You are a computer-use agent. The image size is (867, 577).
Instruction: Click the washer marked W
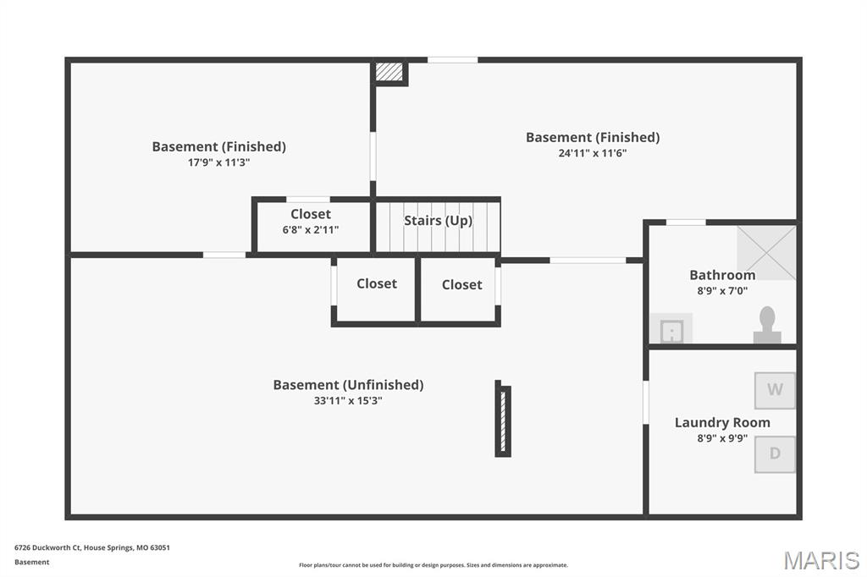tap(775, 390)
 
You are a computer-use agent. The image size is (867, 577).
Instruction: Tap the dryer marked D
tap(775, 454)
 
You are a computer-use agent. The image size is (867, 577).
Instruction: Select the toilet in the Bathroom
tap(767, 325)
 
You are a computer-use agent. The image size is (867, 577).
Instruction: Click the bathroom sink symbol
tap(671, 329)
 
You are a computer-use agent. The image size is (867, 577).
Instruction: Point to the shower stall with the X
tap(766, 253)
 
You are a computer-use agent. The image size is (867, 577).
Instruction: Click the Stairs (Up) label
tap(438, 221)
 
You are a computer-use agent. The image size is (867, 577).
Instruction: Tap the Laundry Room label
tap(722, 422)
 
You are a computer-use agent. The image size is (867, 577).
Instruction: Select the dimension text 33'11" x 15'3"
tap(348, 401)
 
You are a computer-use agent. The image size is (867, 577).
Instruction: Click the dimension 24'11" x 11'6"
tap(592, 153)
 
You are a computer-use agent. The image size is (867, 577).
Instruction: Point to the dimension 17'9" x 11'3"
tap(219, 162)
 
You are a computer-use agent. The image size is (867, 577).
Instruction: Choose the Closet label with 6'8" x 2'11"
tap(311, 214)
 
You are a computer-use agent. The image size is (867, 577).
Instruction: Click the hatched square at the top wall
tap(389, 72)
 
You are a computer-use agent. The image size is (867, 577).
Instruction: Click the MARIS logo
tap(821, 560)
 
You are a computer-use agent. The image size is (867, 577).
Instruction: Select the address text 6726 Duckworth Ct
tap(47, 547)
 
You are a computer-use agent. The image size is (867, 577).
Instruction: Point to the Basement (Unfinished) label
tap(348, 385)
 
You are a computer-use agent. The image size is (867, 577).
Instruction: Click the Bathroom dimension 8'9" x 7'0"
tap(722, 291)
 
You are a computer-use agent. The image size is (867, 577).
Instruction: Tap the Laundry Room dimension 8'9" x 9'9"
tap(722, 438)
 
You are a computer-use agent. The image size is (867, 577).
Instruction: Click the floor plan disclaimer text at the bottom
tap(433, 565)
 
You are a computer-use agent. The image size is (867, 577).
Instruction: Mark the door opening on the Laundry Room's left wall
tap(645, 403)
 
